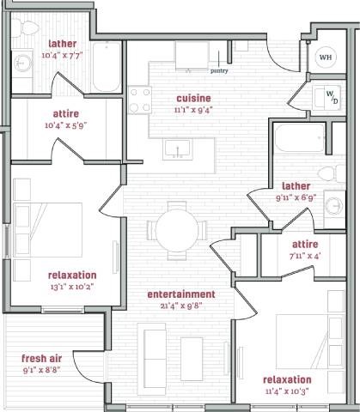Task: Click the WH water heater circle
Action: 326,58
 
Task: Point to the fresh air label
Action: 43,358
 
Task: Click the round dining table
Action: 176,229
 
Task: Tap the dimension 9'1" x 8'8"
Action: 43,370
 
